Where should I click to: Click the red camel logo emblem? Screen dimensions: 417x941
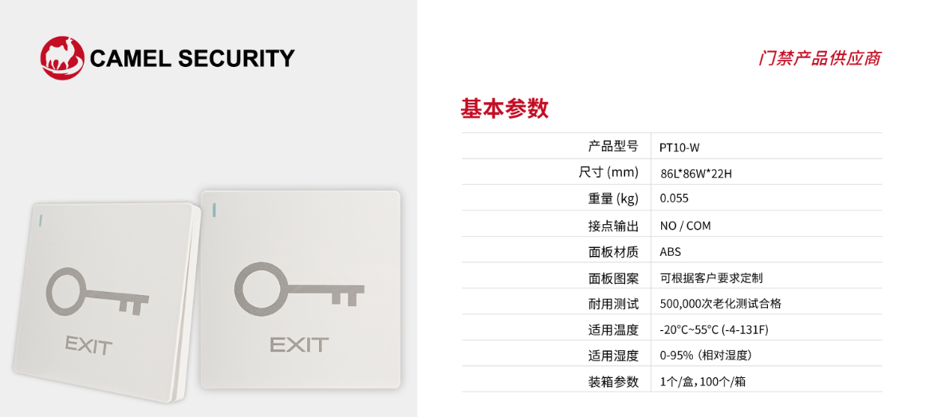point(62,57)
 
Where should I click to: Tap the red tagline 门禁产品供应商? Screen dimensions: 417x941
point(819,59)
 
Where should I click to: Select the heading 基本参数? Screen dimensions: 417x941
point(504,108)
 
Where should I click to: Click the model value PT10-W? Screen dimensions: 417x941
point(679,147)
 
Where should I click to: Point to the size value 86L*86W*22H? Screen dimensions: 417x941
point(695,173)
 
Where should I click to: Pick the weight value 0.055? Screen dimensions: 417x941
point(674,199)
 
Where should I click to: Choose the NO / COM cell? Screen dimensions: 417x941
point(685,226)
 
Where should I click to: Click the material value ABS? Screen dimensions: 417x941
point(671,251)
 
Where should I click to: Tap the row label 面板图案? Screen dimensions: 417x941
point(613,277)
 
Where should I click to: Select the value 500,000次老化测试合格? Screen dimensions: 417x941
point(720,304)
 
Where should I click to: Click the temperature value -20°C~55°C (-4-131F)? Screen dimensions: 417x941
point(714,329)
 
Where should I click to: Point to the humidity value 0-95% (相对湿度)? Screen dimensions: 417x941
point(706,356)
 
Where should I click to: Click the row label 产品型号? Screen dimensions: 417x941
point(613,147)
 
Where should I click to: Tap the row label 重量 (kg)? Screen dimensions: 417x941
point(608,199)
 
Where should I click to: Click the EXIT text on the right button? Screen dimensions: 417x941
point(299,344)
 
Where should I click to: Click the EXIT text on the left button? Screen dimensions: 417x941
point(89,345)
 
